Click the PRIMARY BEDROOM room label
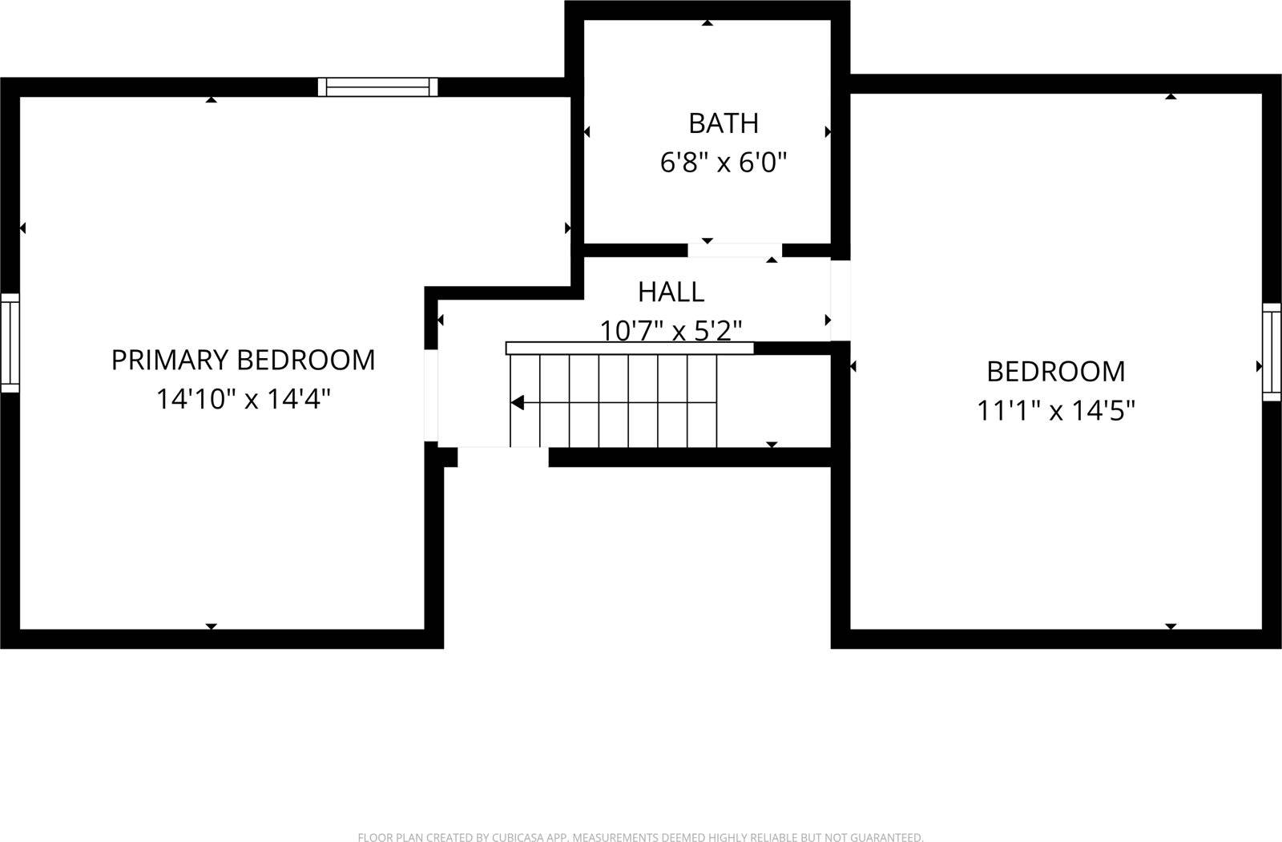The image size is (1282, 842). click(243, 361)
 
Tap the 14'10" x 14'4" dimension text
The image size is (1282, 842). click(243, 399)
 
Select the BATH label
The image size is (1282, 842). click(723, 123)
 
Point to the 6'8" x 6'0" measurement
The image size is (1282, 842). click(723, 163)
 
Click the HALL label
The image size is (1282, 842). click(671, 292)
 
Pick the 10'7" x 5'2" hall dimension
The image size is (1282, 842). click(671, 330)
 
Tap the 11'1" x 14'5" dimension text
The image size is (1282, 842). click(1055, 411)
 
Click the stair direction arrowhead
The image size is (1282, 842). click(518, 402)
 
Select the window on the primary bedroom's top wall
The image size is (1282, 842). click(377, 87)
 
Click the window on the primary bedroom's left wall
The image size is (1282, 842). click(10, 343)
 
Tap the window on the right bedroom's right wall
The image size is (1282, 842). click(1272, 352)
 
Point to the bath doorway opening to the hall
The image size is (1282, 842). click(735, 250)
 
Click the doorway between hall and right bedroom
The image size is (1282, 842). click(840, 300)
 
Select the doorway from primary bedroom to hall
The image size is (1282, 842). click(431, 396)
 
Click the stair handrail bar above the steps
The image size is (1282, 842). click(629, 348)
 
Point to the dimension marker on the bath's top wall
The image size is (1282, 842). click(707, 23)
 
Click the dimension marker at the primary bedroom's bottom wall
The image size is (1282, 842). click(211, 626)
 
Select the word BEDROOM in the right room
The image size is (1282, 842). click(1055, 372)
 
